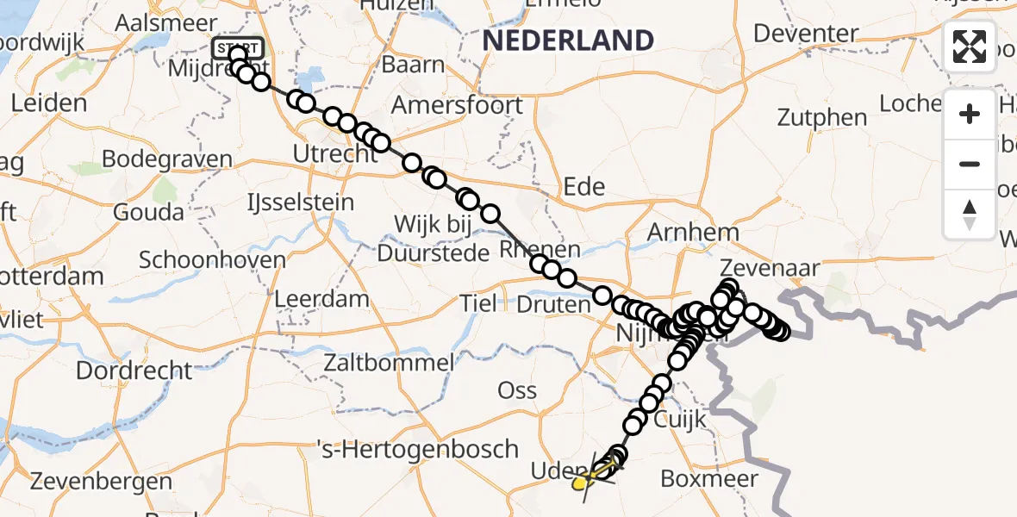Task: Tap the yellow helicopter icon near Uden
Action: [x=584, y=481]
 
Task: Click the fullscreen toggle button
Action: [x=970, y=47]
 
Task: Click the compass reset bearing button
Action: [x=970, y=214]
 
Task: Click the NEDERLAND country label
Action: [x=568, y=40]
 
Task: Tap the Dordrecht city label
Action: [x=134, y=371]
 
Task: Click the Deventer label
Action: [x=806, y=34]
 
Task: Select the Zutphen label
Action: [x=822, y=117]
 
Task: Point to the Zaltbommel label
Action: [x=388, y=363]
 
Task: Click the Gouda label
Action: [x=149, y=212]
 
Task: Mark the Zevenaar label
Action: [x=771, y=268]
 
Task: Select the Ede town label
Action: [x=583, y=186]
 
